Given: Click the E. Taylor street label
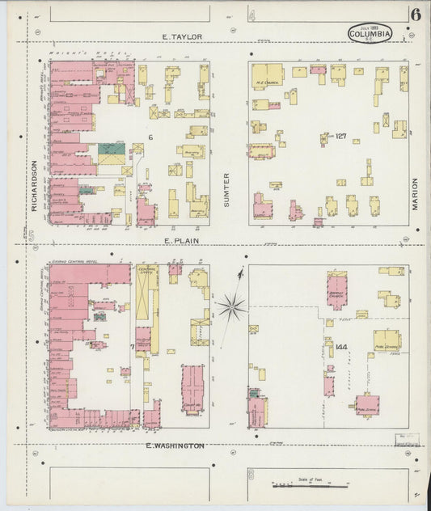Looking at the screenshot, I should (181, 36).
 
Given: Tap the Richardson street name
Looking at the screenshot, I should (36, 195).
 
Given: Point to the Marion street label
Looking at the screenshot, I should (415, 194).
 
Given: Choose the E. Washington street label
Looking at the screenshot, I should (175, 446).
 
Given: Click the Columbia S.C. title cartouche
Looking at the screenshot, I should (370, 34).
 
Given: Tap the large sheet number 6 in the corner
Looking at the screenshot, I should (415, 15).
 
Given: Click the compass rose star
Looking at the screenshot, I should (231, 306).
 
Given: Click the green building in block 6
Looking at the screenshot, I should (112, 150).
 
